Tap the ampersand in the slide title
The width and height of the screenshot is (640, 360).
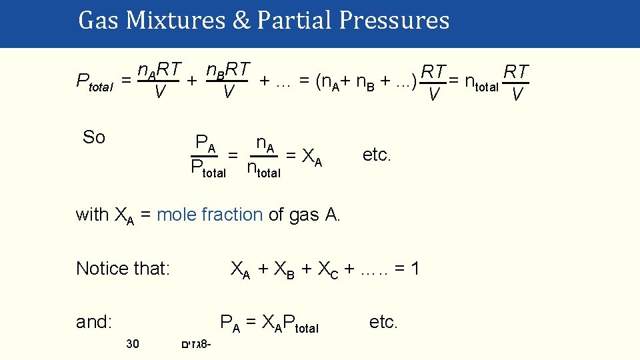[x=241, y=21]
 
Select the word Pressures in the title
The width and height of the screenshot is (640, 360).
[x=393, y=21]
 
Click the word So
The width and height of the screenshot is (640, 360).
[x=94, y=138]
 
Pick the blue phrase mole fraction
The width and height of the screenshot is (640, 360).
[x=209, y=214]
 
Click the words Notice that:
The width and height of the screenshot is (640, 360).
[x=123, y=269]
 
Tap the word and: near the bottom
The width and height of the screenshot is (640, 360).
[x=94, y=322]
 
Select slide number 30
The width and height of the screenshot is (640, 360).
[x=132, y=344]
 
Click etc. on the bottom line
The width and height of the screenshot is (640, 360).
[x=383, y=323]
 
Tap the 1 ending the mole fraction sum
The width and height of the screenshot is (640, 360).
[x=415, y=269]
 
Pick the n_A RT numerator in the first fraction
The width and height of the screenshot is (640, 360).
[x=159, y=69]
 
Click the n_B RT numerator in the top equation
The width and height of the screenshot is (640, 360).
[x=228, y=69]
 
